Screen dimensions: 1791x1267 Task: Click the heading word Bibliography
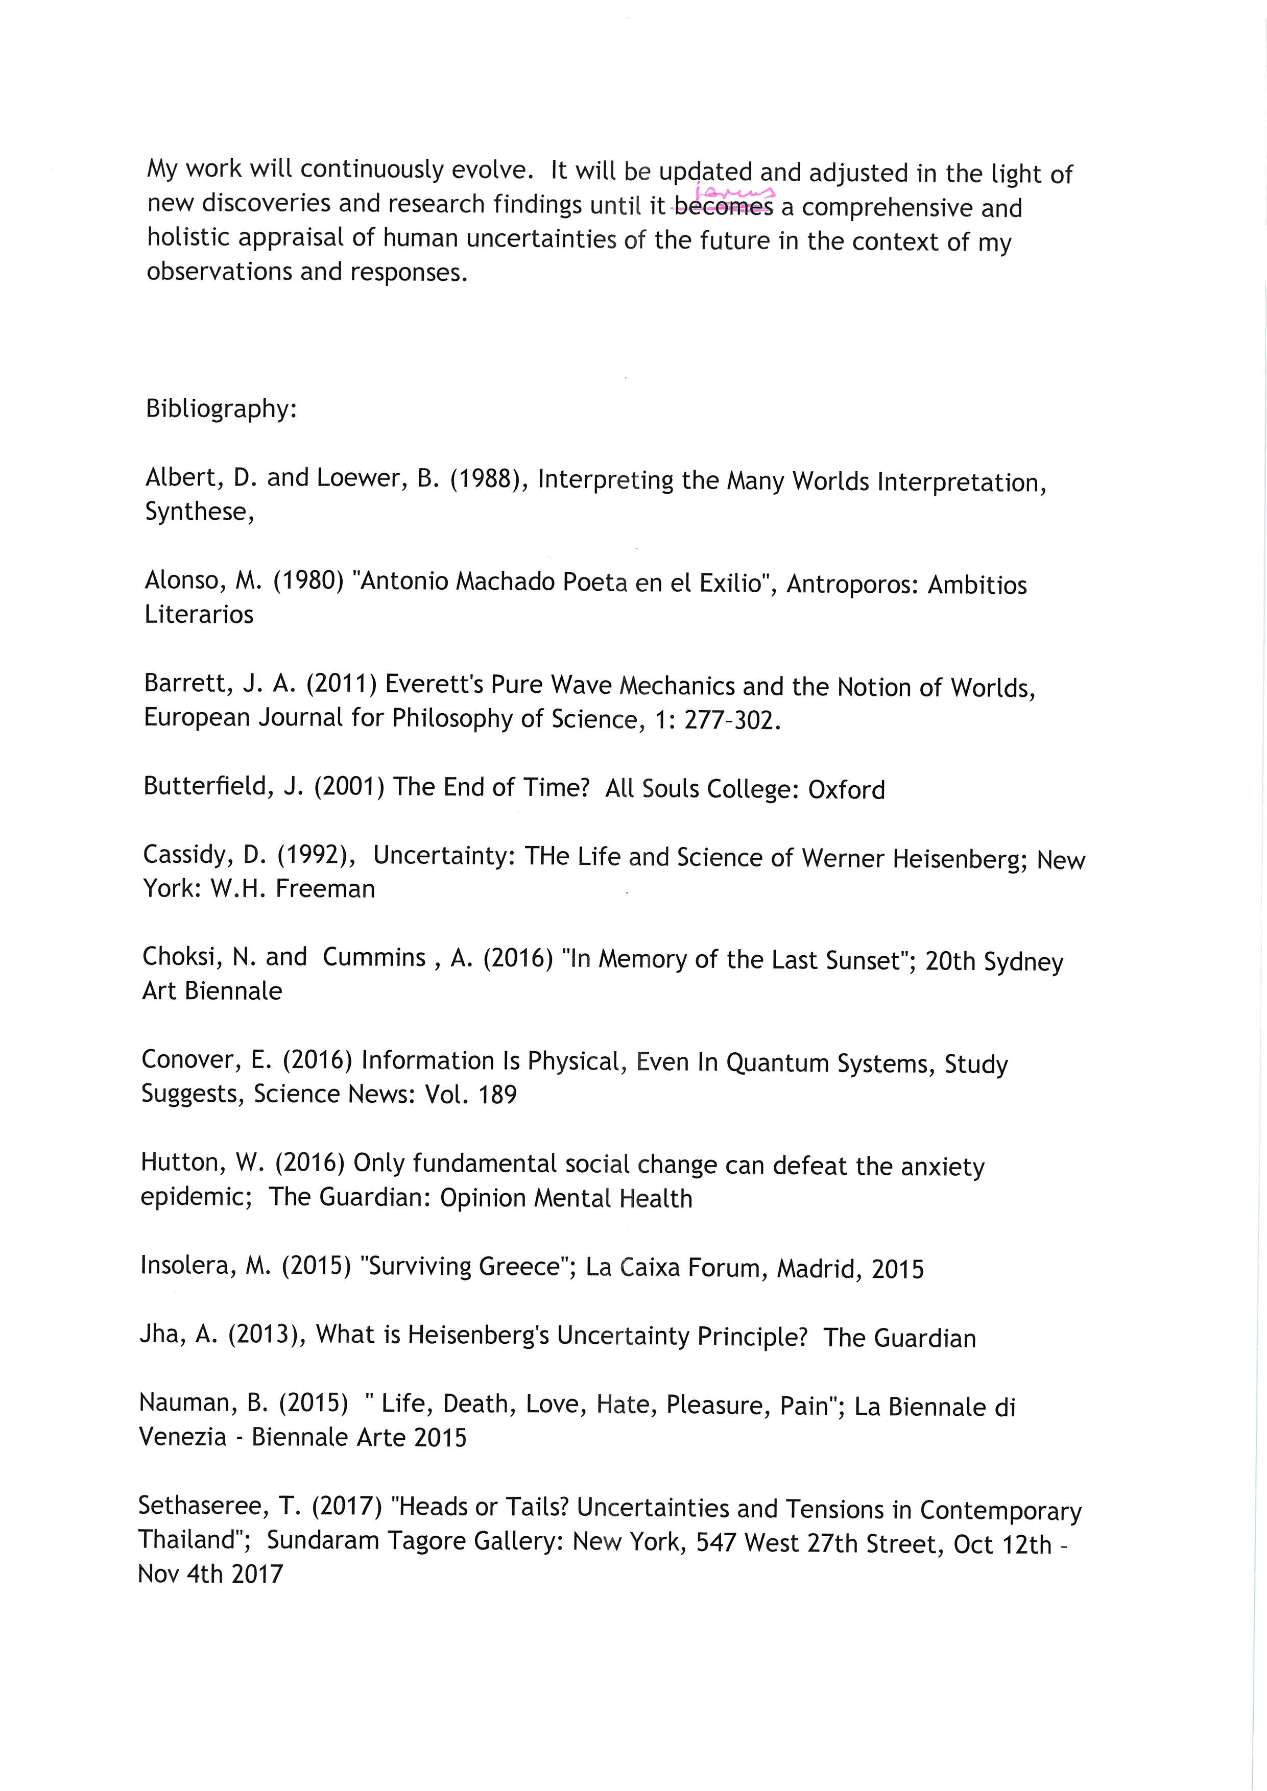point(221,409)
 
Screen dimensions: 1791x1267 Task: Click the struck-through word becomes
point(723,207)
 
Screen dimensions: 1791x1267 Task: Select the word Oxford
point(847,790)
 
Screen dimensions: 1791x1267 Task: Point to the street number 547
point(714,1544)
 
